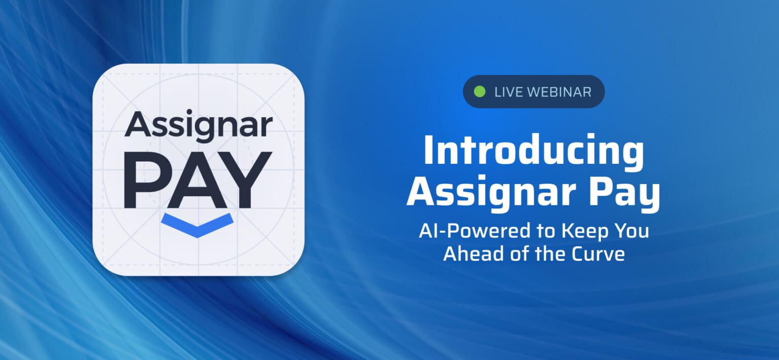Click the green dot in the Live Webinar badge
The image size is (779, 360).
click(479, 92)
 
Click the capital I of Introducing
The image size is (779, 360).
click(429, 151)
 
